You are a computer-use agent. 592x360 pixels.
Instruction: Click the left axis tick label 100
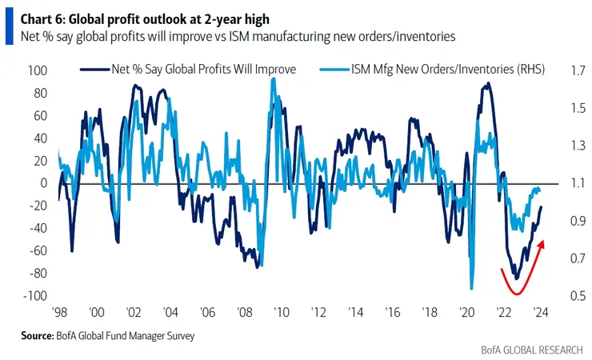click(x=38, y=70)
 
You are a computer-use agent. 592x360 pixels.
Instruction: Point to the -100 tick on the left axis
click(x=36, y=295)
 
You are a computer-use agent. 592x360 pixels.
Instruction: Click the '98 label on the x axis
click(x=59, y=312)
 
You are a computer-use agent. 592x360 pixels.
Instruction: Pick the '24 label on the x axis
click(x=540, y=312)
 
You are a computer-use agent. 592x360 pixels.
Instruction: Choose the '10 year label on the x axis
click(x=280, y=312)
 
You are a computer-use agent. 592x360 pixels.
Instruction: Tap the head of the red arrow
click(x=544, y=241)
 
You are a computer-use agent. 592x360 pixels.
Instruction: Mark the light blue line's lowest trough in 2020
click(x=471, y=289)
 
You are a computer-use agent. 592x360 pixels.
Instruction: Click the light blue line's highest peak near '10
click(x=274, y=78)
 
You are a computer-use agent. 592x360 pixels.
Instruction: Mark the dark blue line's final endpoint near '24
click(x=542, y=207)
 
